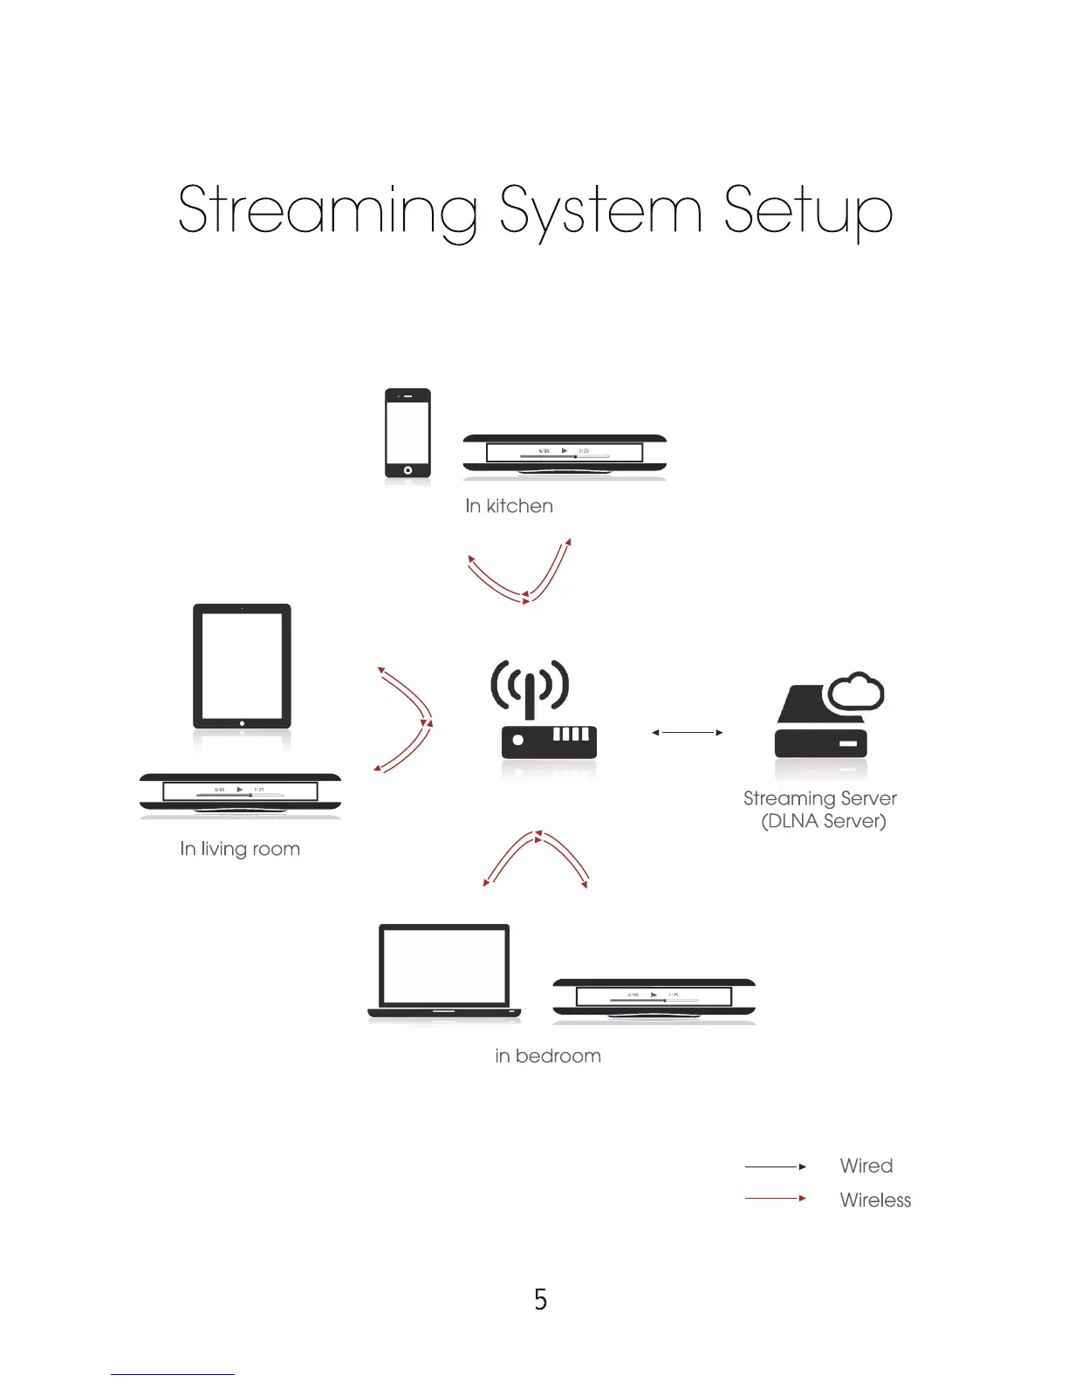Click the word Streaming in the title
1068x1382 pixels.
tap(327, 211)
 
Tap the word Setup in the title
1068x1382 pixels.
tap(808, 211)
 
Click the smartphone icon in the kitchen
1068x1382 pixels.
tap(407, 433)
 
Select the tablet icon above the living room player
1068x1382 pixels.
tap(242, 666)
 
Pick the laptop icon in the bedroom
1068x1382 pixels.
tap(444, 971)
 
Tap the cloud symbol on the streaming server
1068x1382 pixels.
tap(855, 693)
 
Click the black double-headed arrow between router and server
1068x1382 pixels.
tap(688, 733)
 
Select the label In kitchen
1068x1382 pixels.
tap(509, 506)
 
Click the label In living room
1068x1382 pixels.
tap(240, 849)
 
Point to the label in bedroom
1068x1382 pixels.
tap(548, 1056)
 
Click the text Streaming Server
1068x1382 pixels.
tap(819, 798)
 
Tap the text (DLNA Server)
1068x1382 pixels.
tap(824, 821)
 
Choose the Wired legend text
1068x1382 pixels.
tap(866, 1166)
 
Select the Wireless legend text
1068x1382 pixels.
tap(875, 1200)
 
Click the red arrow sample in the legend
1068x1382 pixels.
tap(775, 1199)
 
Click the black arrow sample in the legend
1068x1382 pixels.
tap(775, 1166)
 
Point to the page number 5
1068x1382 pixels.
tap(541, 1300)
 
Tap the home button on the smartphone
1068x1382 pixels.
tap(407, 470)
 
